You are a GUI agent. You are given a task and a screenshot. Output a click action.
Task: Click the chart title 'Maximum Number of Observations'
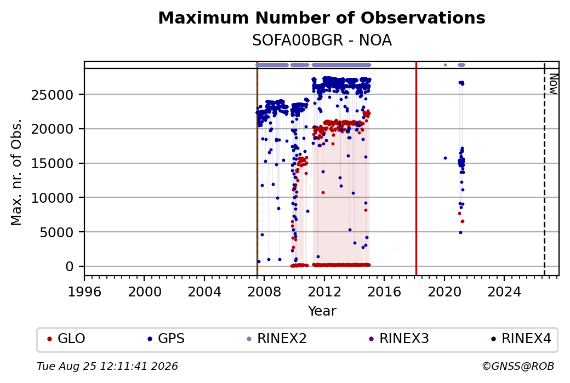click(322, 18)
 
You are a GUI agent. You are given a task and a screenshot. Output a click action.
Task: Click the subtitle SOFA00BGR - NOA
click(322, 41)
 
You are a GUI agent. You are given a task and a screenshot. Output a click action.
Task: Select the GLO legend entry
click(66, 339)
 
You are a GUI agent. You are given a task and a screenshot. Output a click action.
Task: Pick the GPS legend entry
click(166, 339)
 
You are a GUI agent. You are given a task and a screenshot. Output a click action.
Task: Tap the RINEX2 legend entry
click(277, 339)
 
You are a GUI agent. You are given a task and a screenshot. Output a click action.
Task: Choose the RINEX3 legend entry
click(399, 339)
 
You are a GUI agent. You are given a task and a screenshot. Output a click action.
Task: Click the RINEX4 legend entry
click(521, 339)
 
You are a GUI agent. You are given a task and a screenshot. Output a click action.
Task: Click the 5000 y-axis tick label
click(56, 232)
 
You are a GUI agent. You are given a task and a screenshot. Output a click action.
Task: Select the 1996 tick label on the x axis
click(84, 291)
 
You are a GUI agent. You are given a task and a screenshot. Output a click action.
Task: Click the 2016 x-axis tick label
click(384, 291)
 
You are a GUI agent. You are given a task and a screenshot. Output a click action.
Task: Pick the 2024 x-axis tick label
click(504, 291)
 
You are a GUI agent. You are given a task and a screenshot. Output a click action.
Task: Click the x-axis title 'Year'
click(322, 311)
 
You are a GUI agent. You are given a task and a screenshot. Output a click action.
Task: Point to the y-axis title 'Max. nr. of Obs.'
click(16, 172)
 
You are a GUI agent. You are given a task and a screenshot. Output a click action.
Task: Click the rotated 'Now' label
click(553, 84)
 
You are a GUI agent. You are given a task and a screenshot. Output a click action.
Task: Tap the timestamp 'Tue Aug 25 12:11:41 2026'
click(107, 366)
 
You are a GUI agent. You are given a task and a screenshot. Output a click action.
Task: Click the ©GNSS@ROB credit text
click(518, 366)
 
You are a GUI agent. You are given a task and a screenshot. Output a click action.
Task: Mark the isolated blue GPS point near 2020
click(445, 158)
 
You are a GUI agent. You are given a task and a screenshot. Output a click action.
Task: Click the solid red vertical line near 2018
click(416, 168)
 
